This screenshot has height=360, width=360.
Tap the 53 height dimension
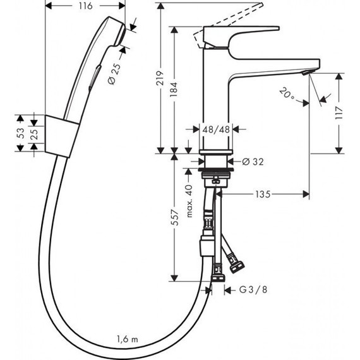(21, 133)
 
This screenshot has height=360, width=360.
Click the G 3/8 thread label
(250, 291)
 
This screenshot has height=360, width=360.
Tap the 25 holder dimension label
(34, 133)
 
